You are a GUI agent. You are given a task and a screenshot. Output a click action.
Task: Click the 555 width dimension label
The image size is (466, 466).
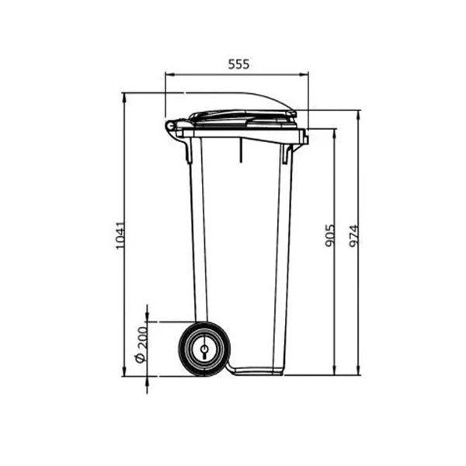pyautogui.click(x=238, y=64)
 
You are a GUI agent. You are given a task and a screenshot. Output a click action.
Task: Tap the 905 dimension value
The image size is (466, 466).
pyautogui.click(x=329, y=235)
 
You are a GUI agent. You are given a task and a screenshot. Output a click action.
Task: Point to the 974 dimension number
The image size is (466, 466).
pyautogui.click(x=353, y=237)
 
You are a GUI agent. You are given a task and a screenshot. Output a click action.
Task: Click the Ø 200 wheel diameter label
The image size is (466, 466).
pyautogui.click(x=141, y=344)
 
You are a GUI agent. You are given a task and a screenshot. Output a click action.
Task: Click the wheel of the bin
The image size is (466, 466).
pyautogui.click(x=204, y=349)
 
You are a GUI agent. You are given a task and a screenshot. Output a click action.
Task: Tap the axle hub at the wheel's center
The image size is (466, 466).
pyautogui.click(x=204, y=349)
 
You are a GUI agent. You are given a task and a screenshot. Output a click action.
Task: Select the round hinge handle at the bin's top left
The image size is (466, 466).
pyautogui.click(x=170, y=126)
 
